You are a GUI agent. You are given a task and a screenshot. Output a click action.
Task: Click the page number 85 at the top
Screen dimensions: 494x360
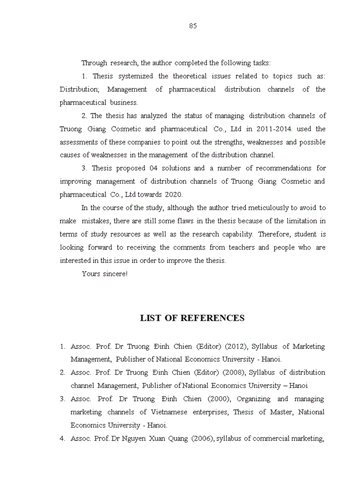coord(193,26)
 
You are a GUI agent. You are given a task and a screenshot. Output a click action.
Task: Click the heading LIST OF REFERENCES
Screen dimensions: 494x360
coord(192,318)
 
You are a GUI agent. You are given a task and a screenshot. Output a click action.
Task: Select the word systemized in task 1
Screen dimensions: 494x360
coord(136,76)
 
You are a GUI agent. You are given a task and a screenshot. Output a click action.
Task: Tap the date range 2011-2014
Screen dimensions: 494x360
coord(265,129)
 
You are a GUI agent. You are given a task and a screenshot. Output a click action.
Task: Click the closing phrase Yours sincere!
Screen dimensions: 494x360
coord(104,274)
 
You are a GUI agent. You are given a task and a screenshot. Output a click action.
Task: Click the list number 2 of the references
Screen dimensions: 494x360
coord(62,373)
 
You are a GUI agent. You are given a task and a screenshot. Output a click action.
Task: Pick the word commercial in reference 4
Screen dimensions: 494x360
coord(269,438)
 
